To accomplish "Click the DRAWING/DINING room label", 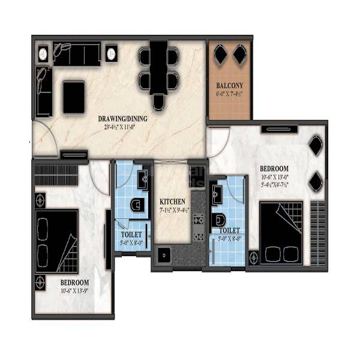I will pyautogui.click(x=123, y=118).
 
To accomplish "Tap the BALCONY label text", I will pyautogui.click(x=230, y=86).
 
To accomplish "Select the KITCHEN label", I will pyautogui.click(x=172, y=202).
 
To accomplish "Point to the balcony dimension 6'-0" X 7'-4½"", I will pyautogui.click(x=230, y=94).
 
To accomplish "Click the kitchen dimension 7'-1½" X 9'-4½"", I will pyautogui.click(x=172, y=210).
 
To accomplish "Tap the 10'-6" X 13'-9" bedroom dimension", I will pyautogui.click(x=74, y=291).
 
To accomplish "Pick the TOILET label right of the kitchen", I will pyautogui.click(x=229, y=230).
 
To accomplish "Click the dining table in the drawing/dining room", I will pyautogui.click(x=158, y=68).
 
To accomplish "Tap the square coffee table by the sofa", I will pyautogui.click(x=73, y=96).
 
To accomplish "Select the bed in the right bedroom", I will pyautogui.click(x=280, y=233).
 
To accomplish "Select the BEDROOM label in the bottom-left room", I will pyautogui.click(x=74, y=283).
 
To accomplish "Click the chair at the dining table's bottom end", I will pyautogui.click(x=158, y=103).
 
